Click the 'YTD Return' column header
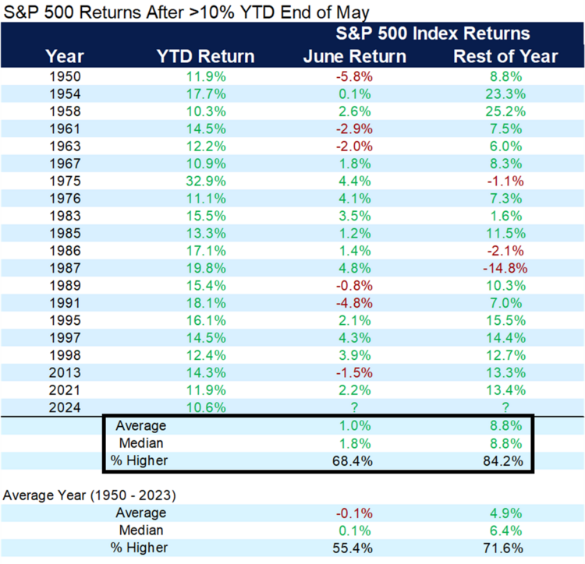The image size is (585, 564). pyautogui.click(x=205, y=56)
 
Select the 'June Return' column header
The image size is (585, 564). pyautogui.click(x=355, y=56)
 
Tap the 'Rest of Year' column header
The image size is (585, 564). pyautogui.click(x=505, y=56)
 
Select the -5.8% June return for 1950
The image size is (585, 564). pyautogui.click(x=354, y=77)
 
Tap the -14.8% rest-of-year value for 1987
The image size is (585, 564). pyautogui.click(x=505, y=267)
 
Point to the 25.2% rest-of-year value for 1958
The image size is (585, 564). pyautogui.click(x=505, y=111)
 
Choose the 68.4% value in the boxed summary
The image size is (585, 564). pyautogui.click(x=354, y=460)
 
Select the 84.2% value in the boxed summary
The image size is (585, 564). pyautogui.click(x=505, y=460)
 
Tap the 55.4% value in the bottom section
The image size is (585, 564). pyautogui.click(x=354, y=547)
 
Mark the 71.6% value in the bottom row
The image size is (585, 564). pyautogui.click(x=505, y=547)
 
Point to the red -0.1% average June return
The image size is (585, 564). pyautogui.click(x=354, y=513)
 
